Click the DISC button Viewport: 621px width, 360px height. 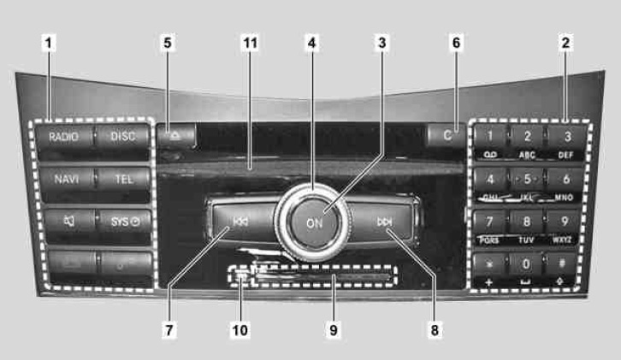tap(123, 136)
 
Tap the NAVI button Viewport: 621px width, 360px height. tap(64, 180)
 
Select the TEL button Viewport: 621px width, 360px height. tap(123, 180)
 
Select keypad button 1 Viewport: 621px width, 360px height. tap(490, 136)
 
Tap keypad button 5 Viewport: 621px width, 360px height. tap(528, 180)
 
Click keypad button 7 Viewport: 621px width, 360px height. tap(490, 221)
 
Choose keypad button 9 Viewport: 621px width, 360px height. tap(564, 221)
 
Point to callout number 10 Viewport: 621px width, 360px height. tap(243, 328)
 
